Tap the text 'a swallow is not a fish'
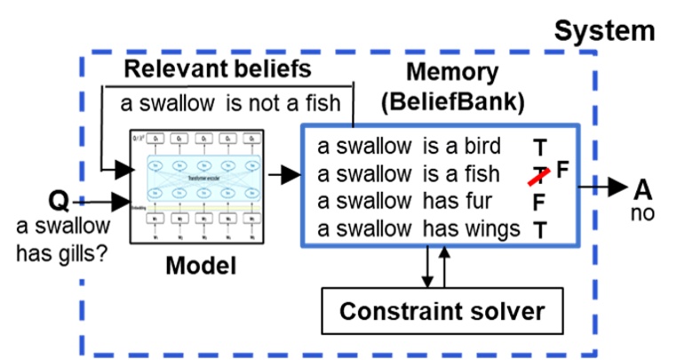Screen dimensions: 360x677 pos(230,103)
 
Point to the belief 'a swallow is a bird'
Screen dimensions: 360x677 pos(409,146)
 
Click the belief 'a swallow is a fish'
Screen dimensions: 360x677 pos(409,173)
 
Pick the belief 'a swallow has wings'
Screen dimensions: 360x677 pos(418,228)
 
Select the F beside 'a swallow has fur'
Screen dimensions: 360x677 pos(538,203)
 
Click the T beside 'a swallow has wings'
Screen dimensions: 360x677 pos(539,229)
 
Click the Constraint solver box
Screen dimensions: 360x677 pos(441,311)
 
